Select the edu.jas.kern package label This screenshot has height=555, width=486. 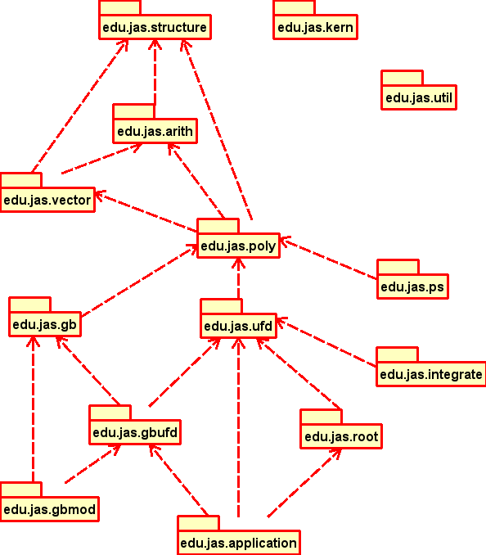(x=315, y=27)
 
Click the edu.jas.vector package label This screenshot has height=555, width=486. (x=47, y=200)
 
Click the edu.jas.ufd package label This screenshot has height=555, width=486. (x=238, y=326)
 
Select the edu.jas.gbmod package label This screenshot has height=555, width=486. (x=50, y=509)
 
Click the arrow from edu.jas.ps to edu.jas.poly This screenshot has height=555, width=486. (x=329, y=258)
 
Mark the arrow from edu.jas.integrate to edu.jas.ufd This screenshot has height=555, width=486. (x=326, y=342)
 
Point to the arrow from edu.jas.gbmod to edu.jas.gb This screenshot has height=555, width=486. (x=33, y=409)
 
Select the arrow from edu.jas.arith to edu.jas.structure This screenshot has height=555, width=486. (x=155, y=72)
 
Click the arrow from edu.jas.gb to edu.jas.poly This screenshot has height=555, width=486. (x=140, y=282)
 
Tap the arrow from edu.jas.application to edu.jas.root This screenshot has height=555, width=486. (x=304, y=483)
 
